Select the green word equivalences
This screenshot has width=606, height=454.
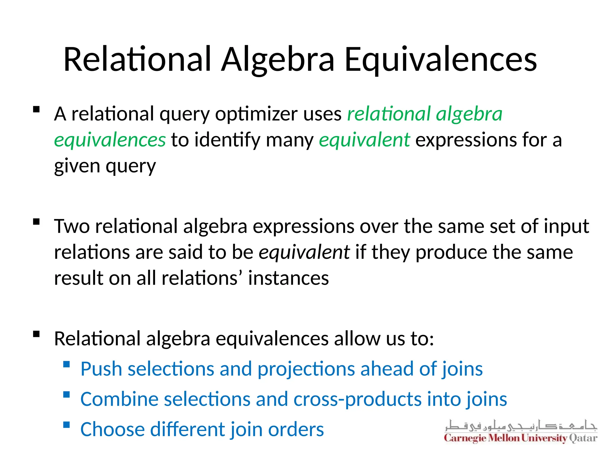(x=110, y=140)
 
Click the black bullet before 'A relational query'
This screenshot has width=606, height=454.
(x=36, y=110)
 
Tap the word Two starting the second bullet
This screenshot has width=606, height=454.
(x=72, y=226)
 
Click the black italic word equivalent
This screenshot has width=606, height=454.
(x=304, y=252)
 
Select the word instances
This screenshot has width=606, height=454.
(x=288, y=278)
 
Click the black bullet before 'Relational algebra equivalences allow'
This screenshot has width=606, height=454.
(x=36, y=334)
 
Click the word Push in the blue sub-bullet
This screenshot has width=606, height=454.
(x=101, y=369)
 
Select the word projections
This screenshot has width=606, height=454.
(x=306, y=369)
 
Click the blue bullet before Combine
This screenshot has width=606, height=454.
(x=67, y=395)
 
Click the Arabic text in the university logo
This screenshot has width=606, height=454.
(x=521, y=426)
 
